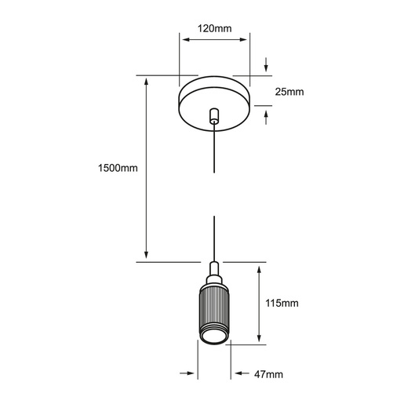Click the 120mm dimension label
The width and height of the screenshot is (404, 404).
[214, 28]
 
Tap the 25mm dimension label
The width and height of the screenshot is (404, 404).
[289, 92]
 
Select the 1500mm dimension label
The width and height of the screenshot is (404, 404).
[118, 168]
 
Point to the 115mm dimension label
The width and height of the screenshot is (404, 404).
[282, 303]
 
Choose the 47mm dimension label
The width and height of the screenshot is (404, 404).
[268, 374]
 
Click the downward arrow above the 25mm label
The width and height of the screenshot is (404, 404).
[266, 64]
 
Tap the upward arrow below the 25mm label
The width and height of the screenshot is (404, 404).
[266, 118]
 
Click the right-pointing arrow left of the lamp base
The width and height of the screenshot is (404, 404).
[187, 373]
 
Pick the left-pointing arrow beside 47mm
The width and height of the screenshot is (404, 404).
[242, 373]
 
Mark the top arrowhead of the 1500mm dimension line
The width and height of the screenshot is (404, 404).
[147, 81]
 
